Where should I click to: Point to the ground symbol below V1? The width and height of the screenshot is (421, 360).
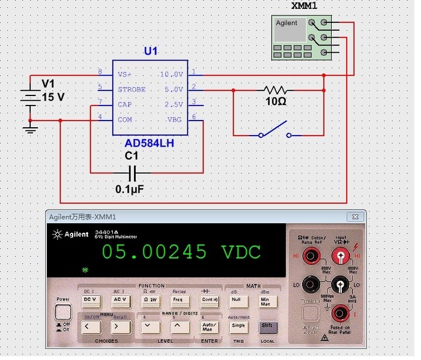[28, 128]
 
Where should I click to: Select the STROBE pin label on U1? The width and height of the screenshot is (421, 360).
[132, 89]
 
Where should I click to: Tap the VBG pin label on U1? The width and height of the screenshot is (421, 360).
[174, 119]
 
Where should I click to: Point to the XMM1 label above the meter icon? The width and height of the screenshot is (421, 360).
[304, 7]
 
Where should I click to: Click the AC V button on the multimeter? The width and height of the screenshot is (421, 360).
[120, 299]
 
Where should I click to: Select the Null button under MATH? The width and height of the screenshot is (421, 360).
[237, 299]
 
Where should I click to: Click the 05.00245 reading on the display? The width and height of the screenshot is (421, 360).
[154, 251]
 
